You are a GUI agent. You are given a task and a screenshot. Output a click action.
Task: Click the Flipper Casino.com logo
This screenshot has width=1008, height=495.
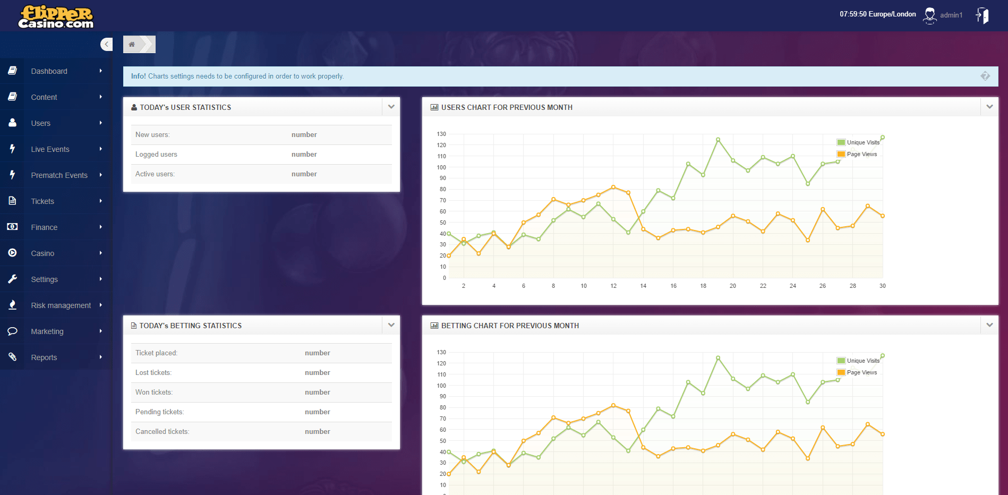pos(56,16)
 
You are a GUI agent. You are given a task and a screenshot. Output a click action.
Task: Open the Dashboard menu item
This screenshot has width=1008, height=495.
pos(49,71)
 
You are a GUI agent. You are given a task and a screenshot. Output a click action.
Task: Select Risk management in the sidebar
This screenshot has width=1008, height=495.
pos(61,305)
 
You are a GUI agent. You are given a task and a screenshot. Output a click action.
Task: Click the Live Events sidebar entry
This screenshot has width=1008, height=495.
pos(50,149)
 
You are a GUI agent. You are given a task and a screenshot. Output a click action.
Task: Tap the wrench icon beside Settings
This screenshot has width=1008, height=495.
pos(12,279)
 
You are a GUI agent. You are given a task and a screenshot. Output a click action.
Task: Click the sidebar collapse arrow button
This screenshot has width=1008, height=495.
pos(107,44)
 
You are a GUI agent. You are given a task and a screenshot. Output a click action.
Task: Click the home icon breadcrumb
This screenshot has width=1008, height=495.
pos(132,44)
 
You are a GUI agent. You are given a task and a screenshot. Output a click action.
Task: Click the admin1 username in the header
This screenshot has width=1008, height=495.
pos(951,15)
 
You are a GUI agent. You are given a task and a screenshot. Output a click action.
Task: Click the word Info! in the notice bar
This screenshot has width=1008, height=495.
pos(138,76)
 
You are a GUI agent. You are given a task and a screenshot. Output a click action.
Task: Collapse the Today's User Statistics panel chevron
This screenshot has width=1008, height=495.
pos(391,107)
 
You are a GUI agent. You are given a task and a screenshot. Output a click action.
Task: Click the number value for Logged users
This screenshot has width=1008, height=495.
pos(304,155)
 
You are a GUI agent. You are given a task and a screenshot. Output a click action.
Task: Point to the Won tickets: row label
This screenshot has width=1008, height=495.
pos(154,392)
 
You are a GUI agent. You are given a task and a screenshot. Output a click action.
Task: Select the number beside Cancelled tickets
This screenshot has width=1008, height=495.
pos(317,432)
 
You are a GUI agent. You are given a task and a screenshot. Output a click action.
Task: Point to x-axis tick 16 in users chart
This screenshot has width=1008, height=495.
pos(673,286)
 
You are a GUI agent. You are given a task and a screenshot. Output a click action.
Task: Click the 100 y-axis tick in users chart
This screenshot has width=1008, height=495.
pos(441,167)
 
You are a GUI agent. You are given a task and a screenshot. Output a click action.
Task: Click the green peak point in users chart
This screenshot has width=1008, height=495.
pos(718,140)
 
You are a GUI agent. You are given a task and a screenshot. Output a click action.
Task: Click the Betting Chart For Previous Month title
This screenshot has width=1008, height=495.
pos(510,326)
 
